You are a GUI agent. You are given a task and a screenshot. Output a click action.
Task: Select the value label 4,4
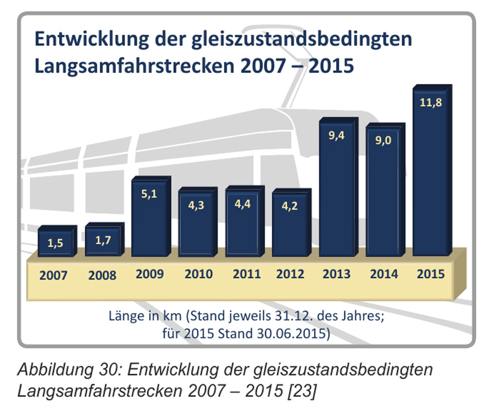(243, 206)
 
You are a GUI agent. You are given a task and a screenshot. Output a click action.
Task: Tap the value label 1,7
(103, 240)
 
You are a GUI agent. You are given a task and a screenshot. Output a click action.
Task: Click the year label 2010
(198, 274)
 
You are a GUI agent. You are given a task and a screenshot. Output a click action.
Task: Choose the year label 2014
(384, 274)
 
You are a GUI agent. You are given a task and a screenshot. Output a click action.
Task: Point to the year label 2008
(102, 275)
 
